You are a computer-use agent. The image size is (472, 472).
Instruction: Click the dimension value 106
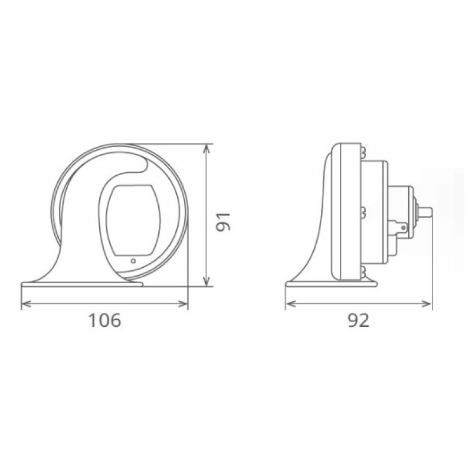(105, 320)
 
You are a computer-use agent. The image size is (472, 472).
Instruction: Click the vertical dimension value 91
(224, 222)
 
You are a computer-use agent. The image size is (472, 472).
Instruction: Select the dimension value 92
(359, 320)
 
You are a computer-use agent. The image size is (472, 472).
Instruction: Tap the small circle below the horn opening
(133, 261)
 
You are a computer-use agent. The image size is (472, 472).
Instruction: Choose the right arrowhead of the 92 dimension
(427, 304)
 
